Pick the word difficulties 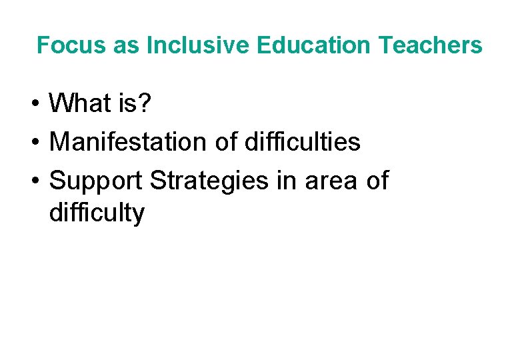pyautogui.click(x=303, y=141)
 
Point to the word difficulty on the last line pyautogui.click(x=97, y=213)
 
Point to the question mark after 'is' pyautogui.click(x=149, y=103)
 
